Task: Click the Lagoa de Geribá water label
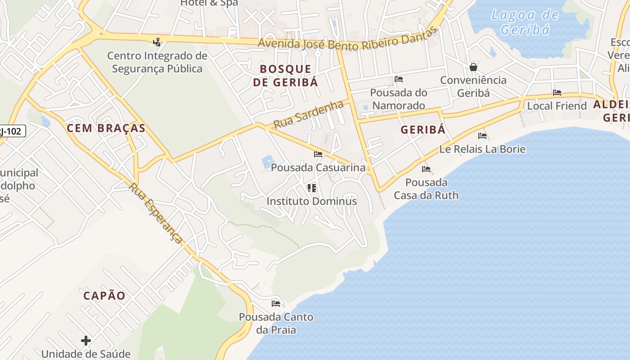click(525, 22)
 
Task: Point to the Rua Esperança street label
click(156, 213)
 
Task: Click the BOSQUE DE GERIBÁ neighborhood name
click(285, 75)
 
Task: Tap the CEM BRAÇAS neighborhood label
click(106, 128)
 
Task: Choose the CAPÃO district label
click(104, 296)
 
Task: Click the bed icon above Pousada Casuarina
click(318, 154)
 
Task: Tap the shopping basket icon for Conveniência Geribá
click(473, 67)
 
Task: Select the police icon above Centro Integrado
click(157, 42)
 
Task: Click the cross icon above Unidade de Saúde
click(86, 341)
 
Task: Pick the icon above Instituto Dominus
click(311, 188)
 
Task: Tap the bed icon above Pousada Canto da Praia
click(276, 304)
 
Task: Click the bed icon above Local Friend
click(557, 93)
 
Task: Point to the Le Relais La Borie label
click(482, 149)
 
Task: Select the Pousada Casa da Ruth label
click(426, 189)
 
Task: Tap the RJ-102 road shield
click(13, 131)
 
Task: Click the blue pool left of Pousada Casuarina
click(268, 161)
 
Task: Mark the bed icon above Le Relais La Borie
click(482, 136)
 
